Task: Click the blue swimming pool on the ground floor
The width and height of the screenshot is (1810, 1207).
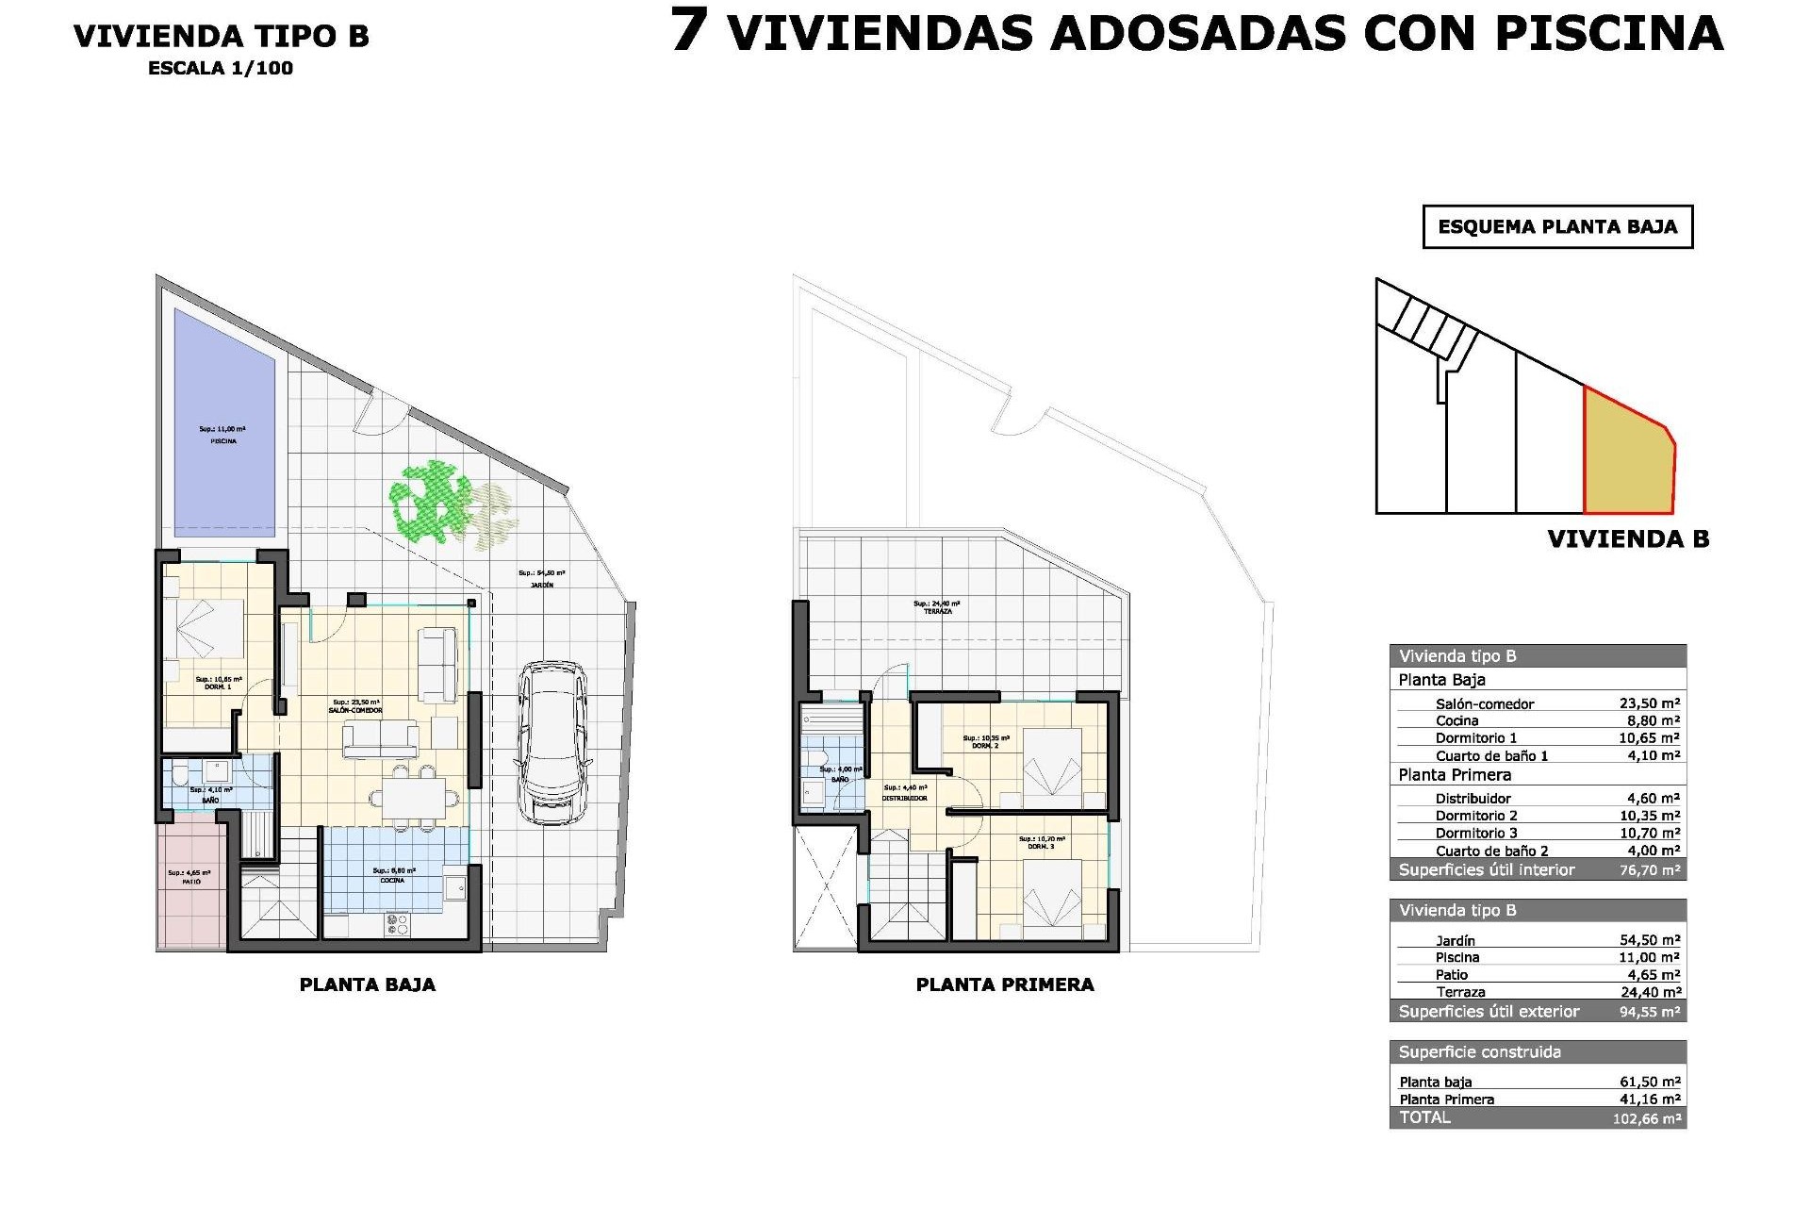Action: pos(224,424)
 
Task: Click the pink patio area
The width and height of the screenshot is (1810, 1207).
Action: pos(191,882)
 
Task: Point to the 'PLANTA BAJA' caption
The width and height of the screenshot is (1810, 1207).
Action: pos(367,984)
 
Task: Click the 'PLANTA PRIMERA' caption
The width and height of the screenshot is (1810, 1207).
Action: pos(1005,984)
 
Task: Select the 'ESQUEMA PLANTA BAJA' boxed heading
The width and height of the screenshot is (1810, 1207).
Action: pos(1557,227)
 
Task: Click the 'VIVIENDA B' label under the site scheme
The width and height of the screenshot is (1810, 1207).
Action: pos(1628,539)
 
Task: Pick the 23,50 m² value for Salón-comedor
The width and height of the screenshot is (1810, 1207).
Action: pos(1649,703)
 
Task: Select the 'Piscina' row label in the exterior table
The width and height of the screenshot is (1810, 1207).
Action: pos(1456,957)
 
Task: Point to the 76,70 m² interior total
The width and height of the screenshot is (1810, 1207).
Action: pos(1649,869)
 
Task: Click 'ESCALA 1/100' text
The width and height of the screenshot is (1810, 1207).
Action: pos(221,68)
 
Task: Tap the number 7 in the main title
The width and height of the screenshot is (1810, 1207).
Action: pos(689,31)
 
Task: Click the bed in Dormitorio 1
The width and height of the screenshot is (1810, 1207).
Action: pos(205,627)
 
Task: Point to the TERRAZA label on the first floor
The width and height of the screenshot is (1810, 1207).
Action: pos(937,611)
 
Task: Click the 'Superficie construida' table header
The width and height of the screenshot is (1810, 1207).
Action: pos(1480,1052)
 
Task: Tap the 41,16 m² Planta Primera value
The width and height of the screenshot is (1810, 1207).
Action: pos(1649,1100)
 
